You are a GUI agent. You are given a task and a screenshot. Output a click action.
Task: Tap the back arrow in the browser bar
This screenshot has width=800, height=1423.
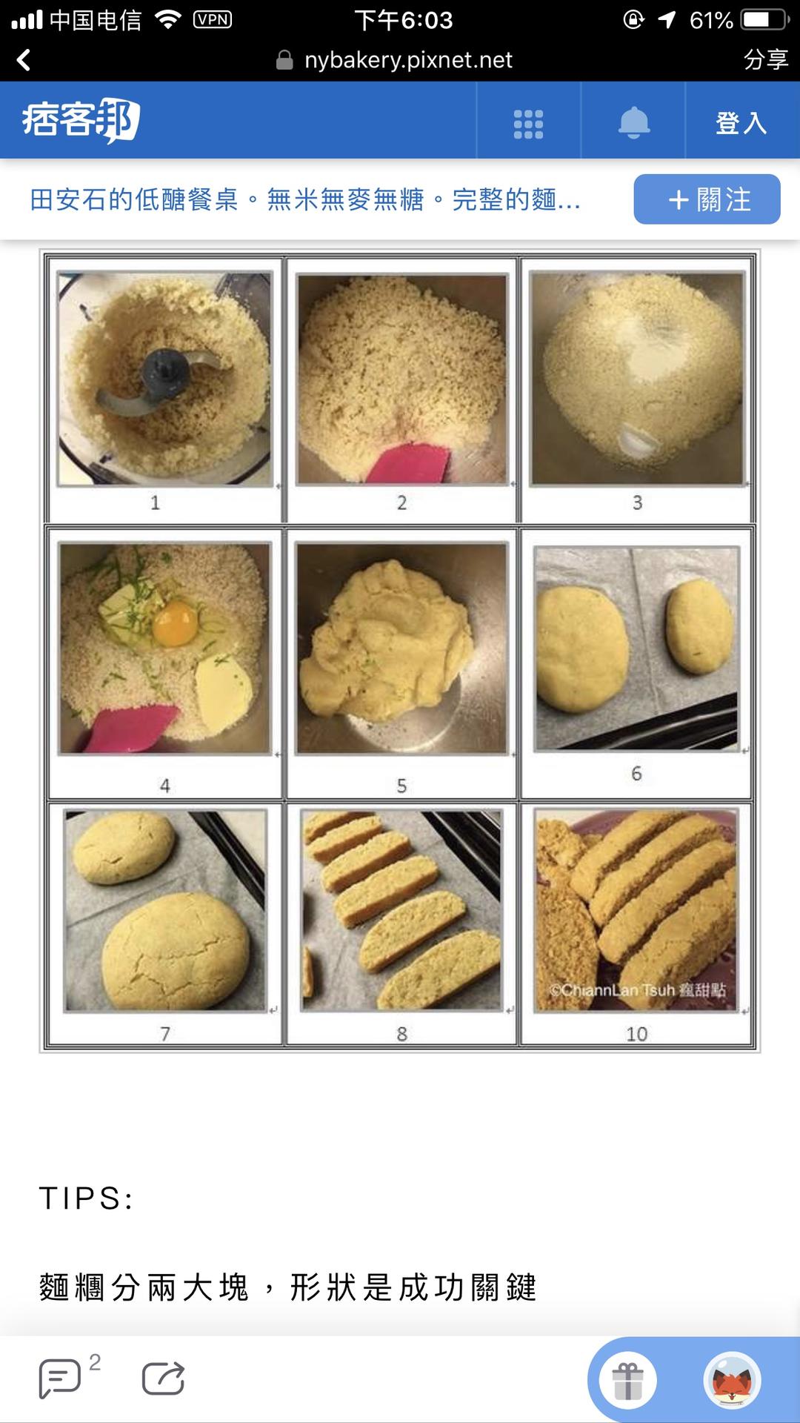point(24,60)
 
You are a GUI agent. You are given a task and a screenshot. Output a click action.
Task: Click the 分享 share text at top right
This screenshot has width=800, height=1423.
point(765,59)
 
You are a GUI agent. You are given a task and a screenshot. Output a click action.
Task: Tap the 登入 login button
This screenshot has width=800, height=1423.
point(741,122)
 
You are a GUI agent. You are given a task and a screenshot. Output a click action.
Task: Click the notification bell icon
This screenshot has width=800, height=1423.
point(634,122)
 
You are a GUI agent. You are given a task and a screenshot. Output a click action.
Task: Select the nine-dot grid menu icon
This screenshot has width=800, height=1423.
point(528,124)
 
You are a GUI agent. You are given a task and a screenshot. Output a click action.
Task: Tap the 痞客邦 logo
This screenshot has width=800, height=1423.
point(81,120)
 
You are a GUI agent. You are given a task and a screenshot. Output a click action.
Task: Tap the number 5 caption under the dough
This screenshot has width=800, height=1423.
point(401,786)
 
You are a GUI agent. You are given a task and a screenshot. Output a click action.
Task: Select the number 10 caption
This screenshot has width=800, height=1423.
point(636,1034)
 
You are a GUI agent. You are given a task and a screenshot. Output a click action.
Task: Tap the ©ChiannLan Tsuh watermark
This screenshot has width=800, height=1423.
point(637,990)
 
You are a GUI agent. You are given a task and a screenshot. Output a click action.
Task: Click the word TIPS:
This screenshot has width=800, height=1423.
point(86,1198)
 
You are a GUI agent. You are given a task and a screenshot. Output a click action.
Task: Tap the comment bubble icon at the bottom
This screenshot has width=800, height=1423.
point(59,1379)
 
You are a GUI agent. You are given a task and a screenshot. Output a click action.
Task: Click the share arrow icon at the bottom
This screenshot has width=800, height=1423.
point(163,1378)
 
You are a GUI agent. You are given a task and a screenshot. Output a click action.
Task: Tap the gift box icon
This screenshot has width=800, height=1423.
point(628,1381)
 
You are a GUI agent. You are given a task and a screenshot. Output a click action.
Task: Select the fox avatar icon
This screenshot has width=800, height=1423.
point(732,1381)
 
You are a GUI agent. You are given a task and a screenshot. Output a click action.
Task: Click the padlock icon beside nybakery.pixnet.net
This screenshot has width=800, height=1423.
point(284,60)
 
